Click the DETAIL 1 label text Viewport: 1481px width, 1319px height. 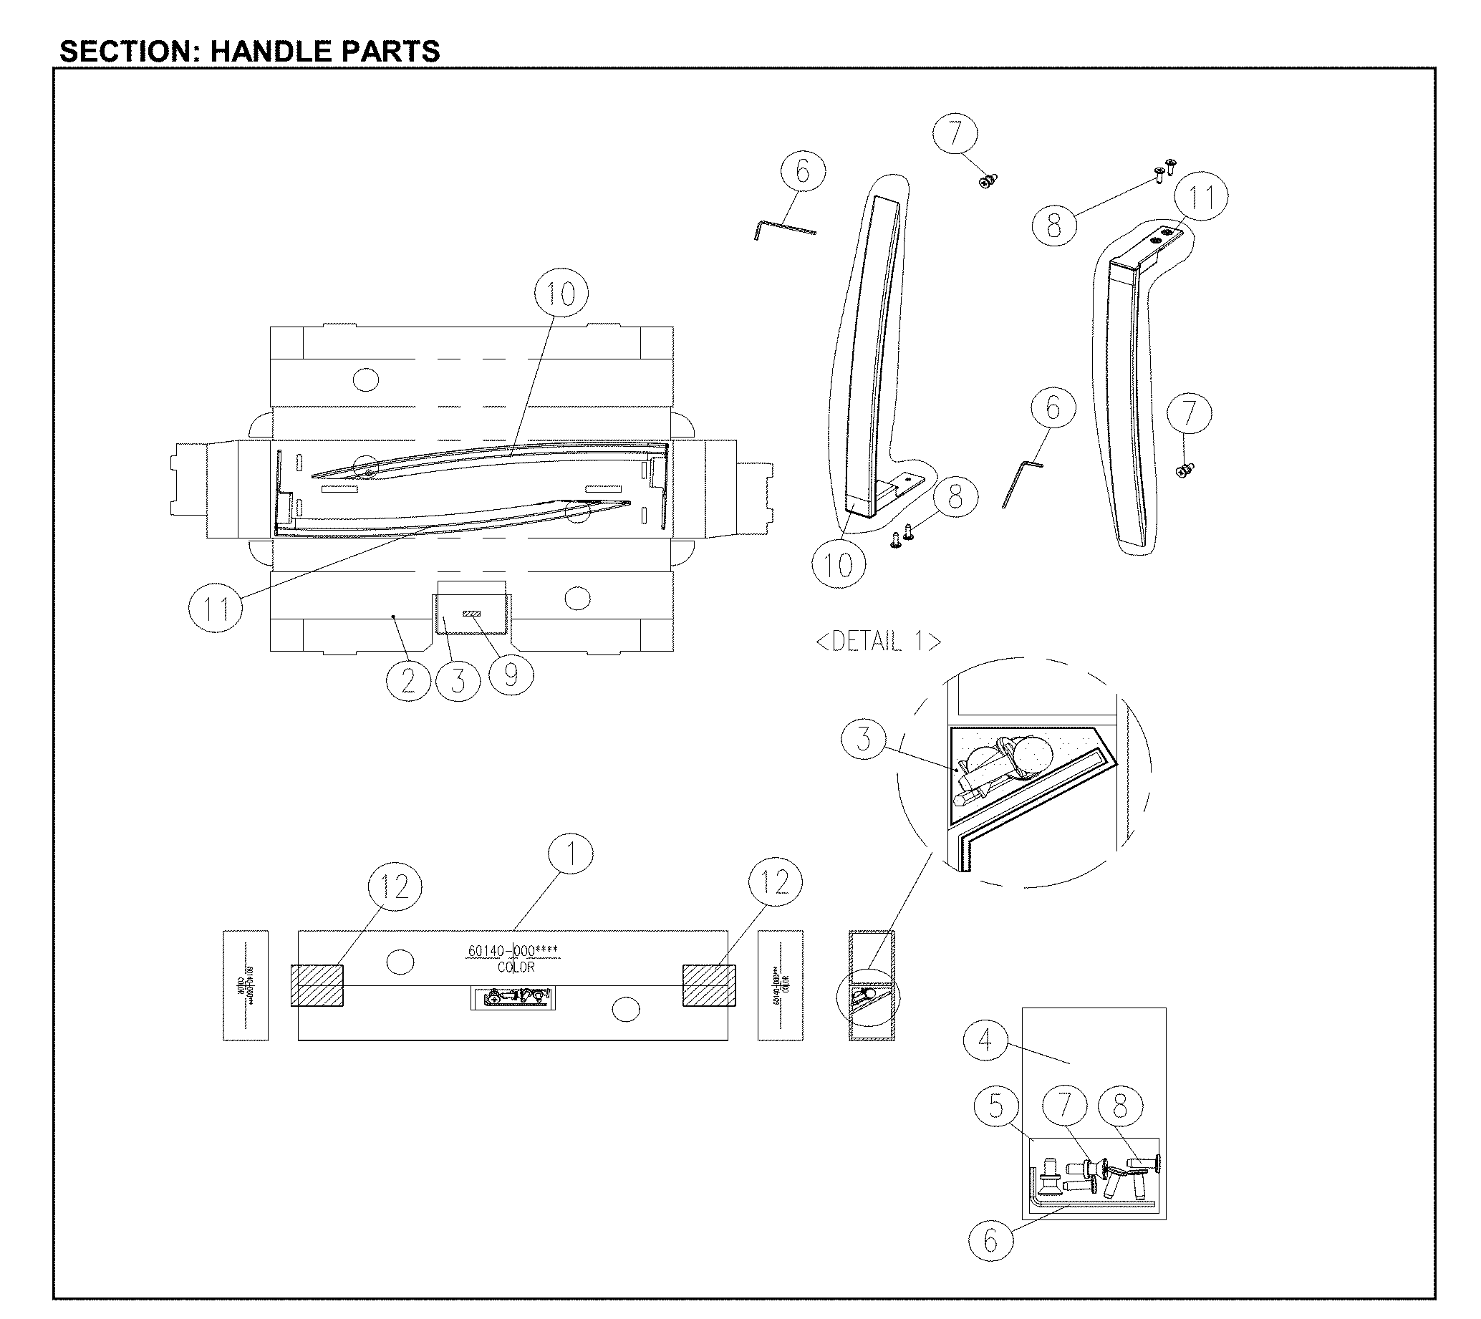tap(878, 642)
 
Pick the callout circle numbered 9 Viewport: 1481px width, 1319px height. tap(511, 674)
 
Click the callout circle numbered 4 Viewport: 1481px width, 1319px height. tap(985, 1040)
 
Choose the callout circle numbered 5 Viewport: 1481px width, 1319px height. tap(996, 1106)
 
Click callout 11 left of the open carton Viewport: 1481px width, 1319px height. tap(216, 609)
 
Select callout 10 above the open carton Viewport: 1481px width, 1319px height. tap(560, 294)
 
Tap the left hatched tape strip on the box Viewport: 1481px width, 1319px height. tap(317, 985)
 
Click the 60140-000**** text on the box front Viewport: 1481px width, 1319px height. tap(513, 950)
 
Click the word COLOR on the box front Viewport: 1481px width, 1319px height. tap(516, 967)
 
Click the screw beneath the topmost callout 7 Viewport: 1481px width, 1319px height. tap(988, 180)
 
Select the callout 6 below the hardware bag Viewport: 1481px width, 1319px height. tap(990, 1241)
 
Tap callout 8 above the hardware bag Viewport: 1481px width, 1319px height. tap(1120, 1106)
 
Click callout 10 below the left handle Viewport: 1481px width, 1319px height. tap(838, 565)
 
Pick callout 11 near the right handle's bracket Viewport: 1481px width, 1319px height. tap(1201, 197)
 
